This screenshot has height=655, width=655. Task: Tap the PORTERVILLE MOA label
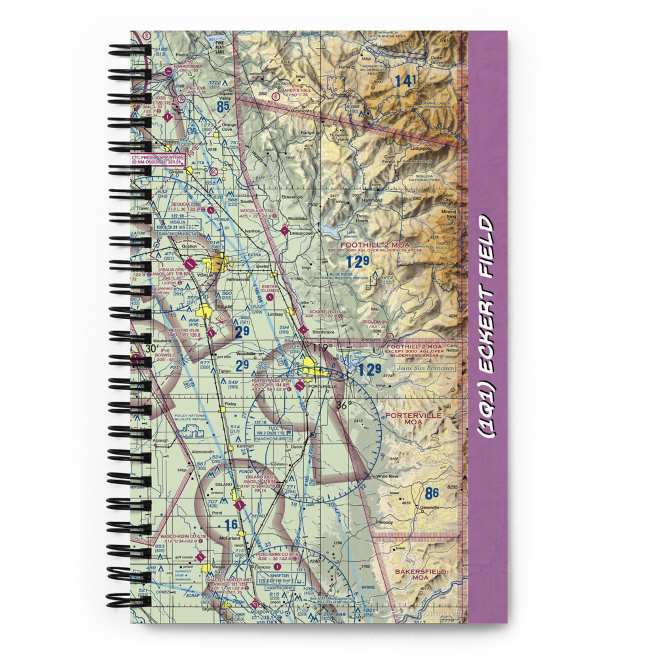410,419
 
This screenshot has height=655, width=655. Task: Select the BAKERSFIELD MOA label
421,575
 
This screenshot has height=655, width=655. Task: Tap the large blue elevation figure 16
230,524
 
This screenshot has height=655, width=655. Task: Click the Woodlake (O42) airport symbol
284,230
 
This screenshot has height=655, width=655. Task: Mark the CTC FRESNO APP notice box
158,160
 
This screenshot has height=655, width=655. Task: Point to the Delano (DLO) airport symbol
278,487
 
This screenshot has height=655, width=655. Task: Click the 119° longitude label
320,347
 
